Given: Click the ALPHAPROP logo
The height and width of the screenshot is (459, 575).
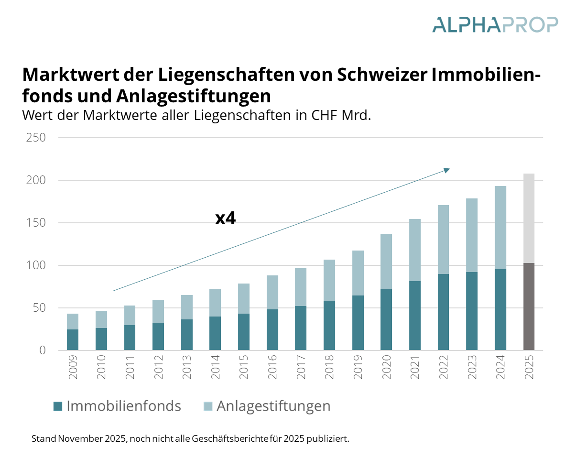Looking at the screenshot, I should click(495, 25).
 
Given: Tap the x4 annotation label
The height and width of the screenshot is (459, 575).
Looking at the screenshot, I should click(226, 219).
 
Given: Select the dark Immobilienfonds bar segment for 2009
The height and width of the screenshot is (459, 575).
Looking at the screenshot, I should click(73, 339).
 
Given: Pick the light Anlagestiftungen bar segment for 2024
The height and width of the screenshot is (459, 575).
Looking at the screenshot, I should click(500, 228).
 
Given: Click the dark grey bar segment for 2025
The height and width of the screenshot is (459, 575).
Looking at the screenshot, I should click(529, 306).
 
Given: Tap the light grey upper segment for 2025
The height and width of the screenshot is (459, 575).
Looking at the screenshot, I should click(529, 218).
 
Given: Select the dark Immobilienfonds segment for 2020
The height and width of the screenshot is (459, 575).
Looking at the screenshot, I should click(386, 319).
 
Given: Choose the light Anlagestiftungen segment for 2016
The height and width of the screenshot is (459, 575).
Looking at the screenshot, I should click(272, 292).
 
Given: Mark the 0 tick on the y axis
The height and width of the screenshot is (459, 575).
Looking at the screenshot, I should click(42, 350).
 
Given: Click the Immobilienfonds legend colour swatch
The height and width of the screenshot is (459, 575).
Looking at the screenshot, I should click(58, 406).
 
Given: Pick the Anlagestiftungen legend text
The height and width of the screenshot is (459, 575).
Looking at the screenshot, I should click(273, 406).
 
